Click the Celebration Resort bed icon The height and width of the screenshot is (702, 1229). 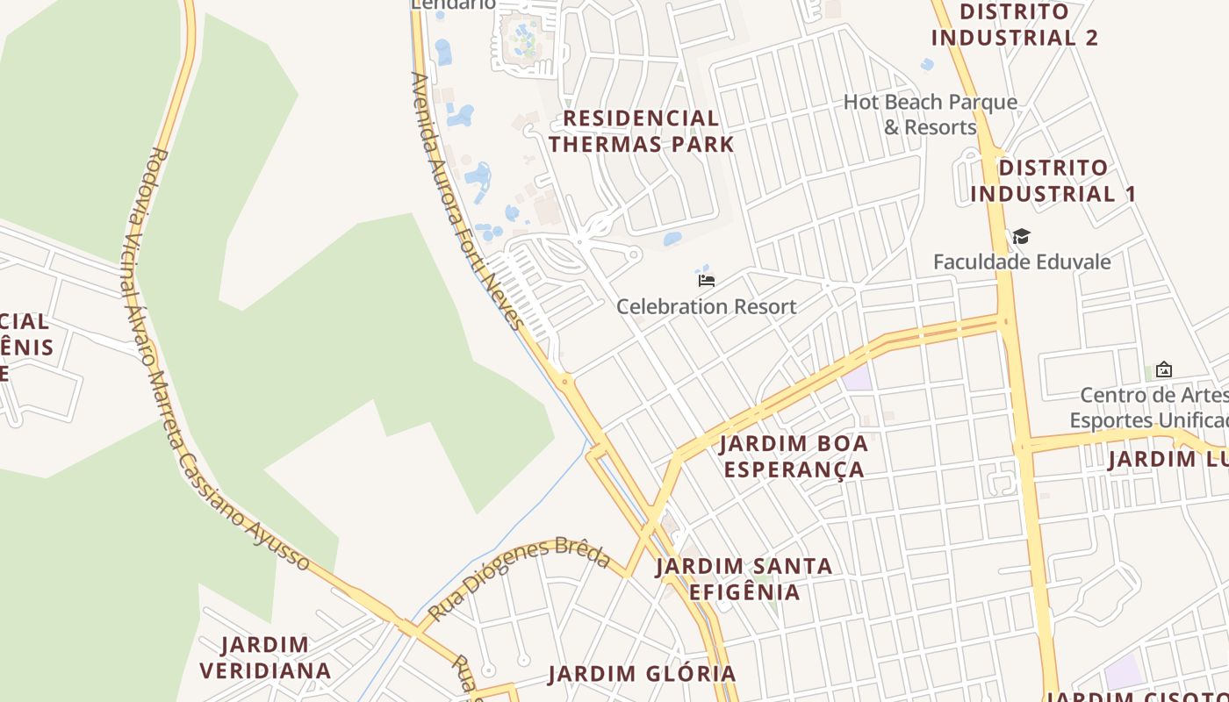(707, 281)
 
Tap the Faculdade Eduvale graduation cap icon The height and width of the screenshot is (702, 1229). (1021, 236)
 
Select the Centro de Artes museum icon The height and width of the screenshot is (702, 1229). (1164, 369)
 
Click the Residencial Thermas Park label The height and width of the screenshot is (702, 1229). (642, 131)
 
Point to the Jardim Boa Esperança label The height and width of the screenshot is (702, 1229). (794, 456)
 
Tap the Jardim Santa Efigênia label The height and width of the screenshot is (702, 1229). (744, 578)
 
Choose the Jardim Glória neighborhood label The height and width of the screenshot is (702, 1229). (642, 674)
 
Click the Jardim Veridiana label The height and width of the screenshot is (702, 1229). (265, 658)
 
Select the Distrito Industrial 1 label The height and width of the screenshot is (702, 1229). (1053, 181)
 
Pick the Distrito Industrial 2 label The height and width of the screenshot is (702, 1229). (1015, 25)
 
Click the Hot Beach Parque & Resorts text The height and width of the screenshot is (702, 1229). (931, 114)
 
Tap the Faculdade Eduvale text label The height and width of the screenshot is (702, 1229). (1022, 261)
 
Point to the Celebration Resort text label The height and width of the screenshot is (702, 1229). (707, 306)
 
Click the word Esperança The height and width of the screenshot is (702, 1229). (794, 469)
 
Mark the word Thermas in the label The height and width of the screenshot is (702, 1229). (605, 144)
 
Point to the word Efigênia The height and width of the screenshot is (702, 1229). (744, 591)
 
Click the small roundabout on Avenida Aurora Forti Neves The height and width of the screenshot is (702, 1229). (564, 381)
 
